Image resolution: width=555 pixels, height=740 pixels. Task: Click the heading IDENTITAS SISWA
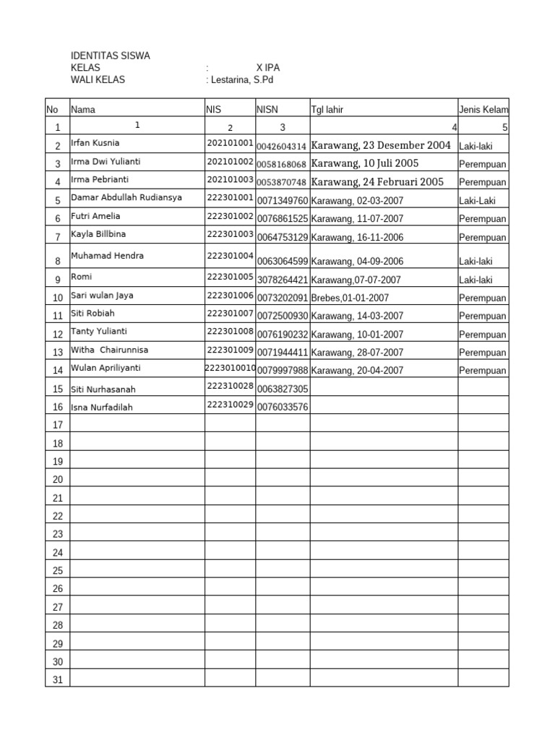[x=110, y=56]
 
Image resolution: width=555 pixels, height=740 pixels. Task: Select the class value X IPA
[x=268, y=68]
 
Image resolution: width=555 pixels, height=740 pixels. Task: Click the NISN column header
[x=267, y=110]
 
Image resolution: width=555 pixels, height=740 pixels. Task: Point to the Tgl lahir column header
[x=327, y=110]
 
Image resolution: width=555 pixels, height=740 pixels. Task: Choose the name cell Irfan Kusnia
[x=95, y=143]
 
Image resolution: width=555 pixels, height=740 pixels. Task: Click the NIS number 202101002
[x=230, y=162]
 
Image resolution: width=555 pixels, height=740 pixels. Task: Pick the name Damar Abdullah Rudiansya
[x=126, y=197]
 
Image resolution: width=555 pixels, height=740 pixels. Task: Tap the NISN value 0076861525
[x=283, y=218]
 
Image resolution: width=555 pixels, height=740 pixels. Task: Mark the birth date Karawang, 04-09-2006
[x=357, y=262]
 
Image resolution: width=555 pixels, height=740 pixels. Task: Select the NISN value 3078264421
[x=283, y=280]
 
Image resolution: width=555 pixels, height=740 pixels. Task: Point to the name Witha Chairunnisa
[x=109, y=350]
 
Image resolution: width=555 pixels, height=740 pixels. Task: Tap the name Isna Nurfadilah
[x=102, y=408]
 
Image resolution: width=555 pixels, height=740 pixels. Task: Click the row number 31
[x=58, y=680]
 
